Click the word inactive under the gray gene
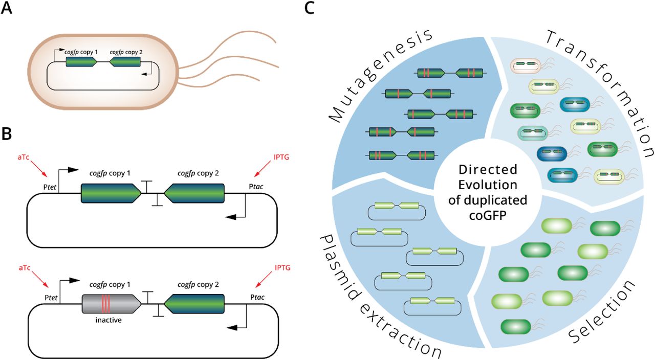pyautogui.click(x=106, y=320)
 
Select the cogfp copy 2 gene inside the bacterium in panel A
pyautogui.click(x=125, y=62)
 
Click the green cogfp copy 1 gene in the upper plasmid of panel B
pyautogui.click(x=111, y=193)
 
